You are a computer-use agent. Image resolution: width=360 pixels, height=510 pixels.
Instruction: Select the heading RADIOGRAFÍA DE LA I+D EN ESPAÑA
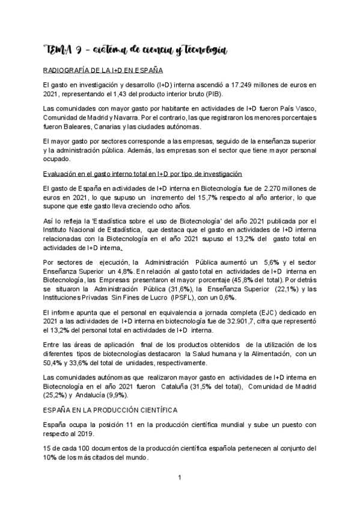(x=100, y=70)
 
